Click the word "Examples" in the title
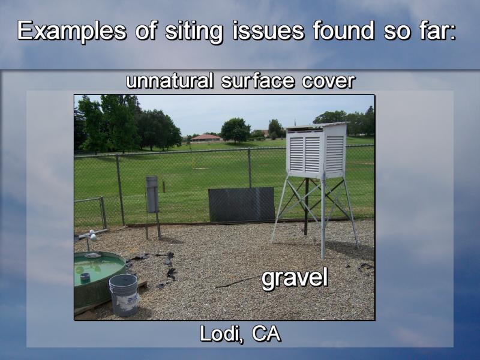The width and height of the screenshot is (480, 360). pyautogui.click(x=71, y=31)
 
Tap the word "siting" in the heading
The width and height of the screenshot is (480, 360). pyautogui.click(x=193, y=32)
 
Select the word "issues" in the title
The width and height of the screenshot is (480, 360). pyautogui.click(x=268, y=31)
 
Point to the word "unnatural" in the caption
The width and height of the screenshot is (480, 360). pyautogui.click(x=169, y=81)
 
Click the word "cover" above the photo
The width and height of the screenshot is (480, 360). pyautogui.click(x=328, y=82)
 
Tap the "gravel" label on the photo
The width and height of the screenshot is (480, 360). pyautogui.click(x=295, y=278)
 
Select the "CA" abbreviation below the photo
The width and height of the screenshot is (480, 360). pyautogui.click(x=266, y=334)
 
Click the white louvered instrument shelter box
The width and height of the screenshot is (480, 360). pyautogui.click(x=317, y=151)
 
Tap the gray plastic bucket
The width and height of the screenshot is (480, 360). pyautogui.click(x=124, y=295)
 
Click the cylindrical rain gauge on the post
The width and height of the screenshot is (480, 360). pyautogui.click(x=152, y=194)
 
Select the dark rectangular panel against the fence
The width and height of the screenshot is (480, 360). pyautogui.click(x=242, y=204)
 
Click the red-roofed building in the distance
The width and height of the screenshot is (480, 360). pyautogui.click(x=206, y=137)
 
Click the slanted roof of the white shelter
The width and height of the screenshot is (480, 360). pyautogui.click(x=317, y=125)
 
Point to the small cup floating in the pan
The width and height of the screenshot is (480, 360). pyautogui.click(x=85, y=277)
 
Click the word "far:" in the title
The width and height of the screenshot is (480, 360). pyautogui.click(x=435, y=31)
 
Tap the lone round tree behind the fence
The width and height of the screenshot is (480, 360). pyautogui.click(x=235, y=130)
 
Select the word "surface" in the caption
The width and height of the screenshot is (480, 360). pyautogui.click(x=257, y=82)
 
